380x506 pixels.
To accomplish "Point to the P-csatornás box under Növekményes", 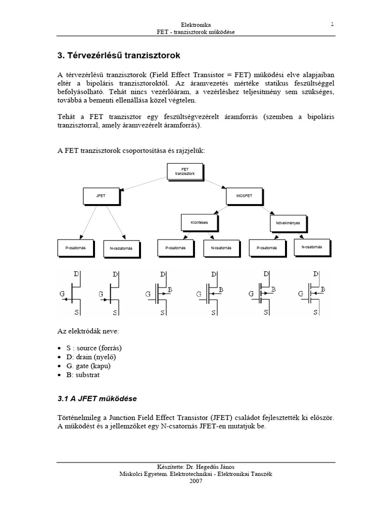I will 267,248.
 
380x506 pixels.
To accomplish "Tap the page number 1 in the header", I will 332,23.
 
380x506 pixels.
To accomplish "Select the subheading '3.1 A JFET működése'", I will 97,398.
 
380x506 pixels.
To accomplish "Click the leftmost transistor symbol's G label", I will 63,294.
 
